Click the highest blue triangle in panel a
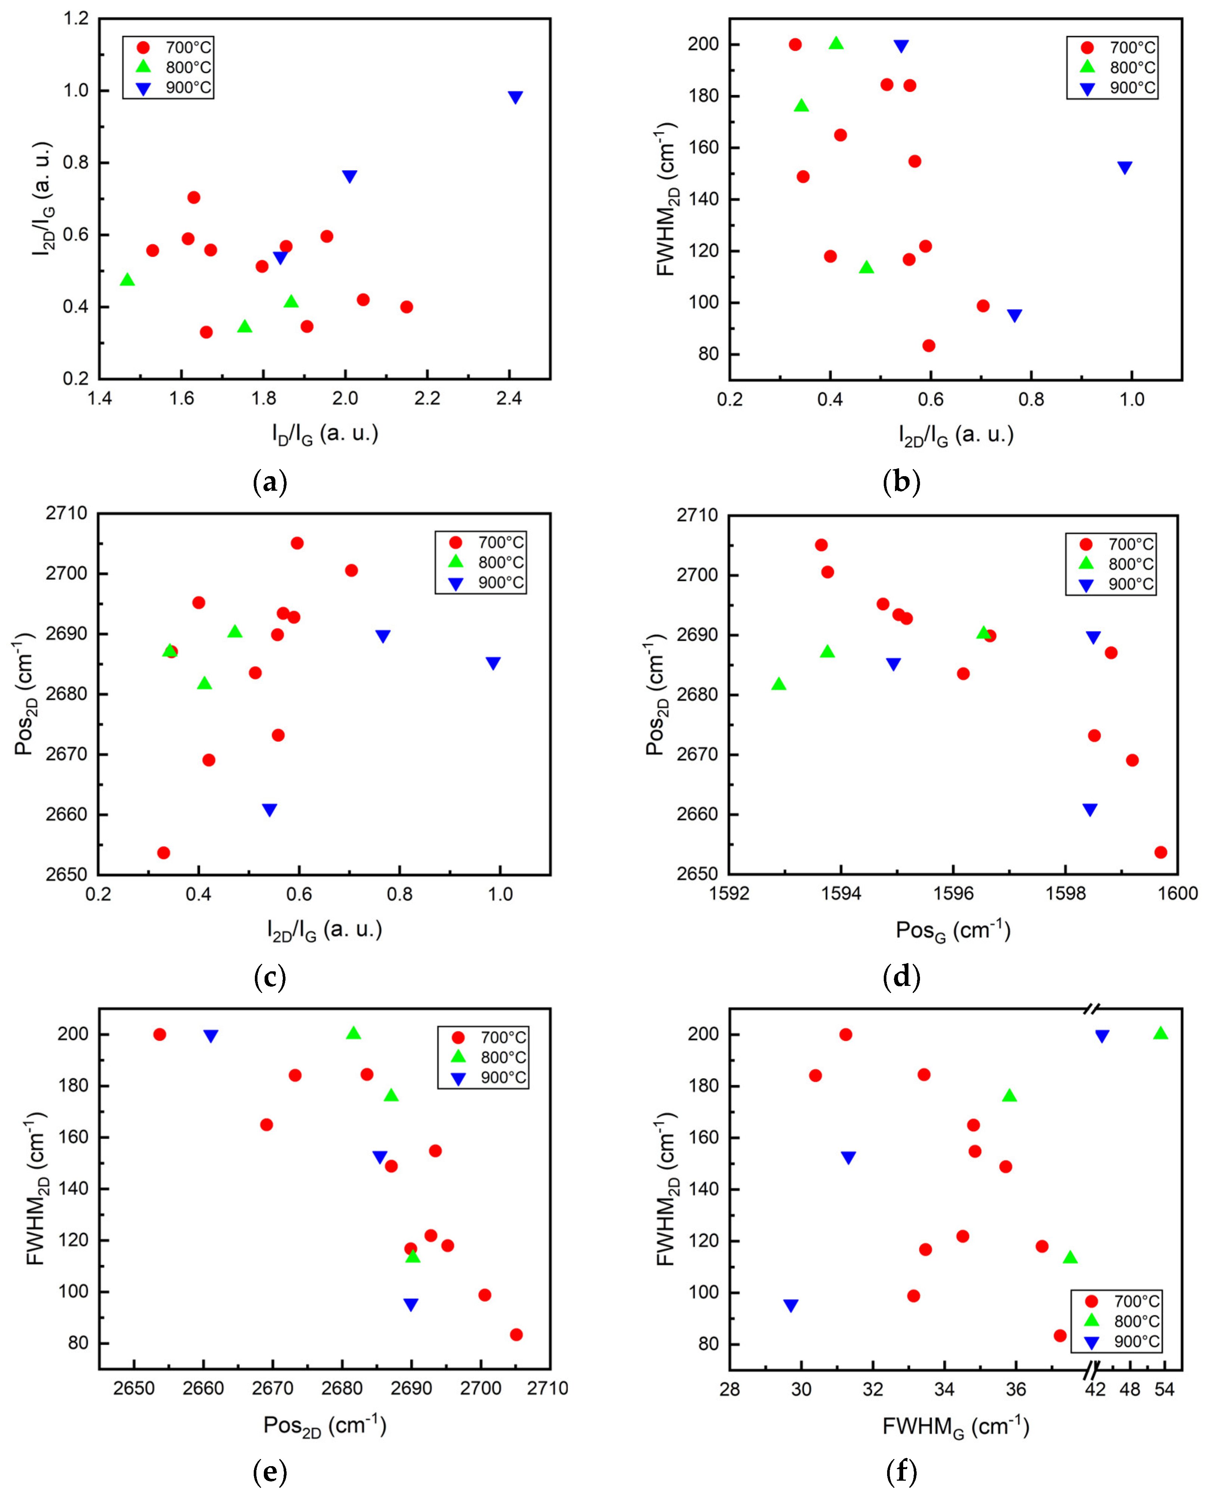click(x=515, y=97)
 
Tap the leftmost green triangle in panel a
click(x=127, y=279)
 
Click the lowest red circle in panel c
click(x=163, y=853)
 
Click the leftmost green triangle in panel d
click(x=779, y=684)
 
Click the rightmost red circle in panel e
click(x=516, y=1334)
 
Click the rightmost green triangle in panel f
click(x=1160, y=1033)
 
